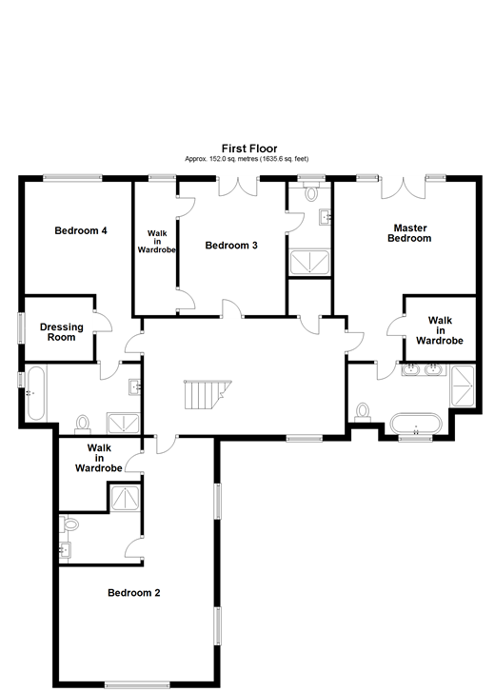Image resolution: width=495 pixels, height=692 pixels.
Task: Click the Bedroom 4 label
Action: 80,230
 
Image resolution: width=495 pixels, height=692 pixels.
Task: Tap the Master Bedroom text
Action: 409,233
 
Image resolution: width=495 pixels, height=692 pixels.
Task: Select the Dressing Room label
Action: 61,332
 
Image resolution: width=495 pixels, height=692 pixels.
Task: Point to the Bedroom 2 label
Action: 133,593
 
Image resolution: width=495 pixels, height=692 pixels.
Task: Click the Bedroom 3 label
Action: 231,246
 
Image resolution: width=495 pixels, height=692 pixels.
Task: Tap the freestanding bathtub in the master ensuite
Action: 416,422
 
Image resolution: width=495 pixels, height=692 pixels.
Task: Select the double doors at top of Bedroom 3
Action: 237,186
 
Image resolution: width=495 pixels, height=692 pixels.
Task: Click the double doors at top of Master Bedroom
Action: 402,186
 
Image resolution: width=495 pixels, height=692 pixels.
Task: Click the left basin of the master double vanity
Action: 412,369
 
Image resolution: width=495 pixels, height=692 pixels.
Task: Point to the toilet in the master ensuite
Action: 362,410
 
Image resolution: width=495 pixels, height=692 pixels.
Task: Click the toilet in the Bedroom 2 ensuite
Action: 69,524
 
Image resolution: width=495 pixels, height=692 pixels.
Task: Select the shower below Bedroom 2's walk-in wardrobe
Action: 125,498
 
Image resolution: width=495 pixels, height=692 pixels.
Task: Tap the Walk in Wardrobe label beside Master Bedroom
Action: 439,330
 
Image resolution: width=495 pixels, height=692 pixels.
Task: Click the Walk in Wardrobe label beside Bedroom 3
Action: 156,240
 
